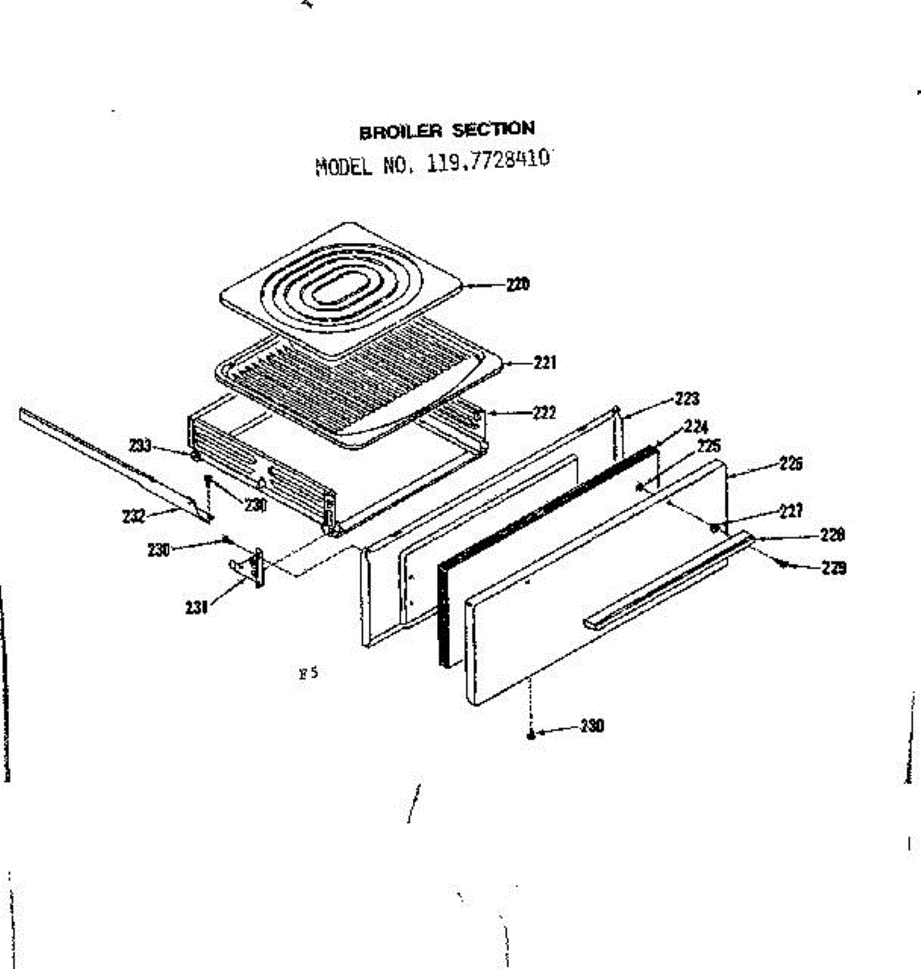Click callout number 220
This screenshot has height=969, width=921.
518,284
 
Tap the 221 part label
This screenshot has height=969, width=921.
545,363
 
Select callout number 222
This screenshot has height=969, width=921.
545,413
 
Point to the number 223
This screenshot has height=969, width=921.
687,398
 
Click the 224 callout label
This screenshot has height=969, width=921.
696,426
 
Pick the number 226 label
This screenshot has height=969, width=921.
791,464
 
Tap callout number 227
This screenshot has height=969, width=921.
791,510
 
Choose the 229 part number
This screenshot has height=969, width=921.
833,568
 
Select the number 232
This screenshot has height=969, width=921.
134,516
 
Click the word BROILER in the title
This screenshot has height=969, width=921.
401,132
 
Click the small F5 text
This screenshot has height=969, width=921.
308,672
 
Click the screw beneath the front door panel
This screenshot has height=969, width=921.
531,735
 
